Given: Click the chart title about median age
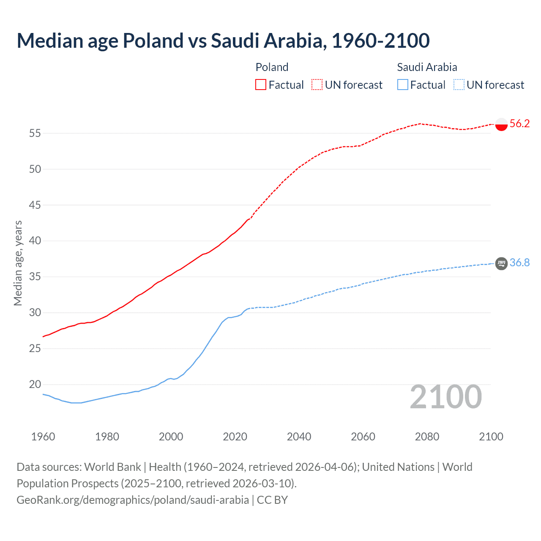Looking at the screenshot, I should tap(223, 41).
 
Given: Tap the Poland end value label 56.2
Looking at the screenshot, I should tap(519, 123).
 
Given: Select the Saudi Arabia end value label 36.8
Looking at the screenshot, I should tap(519, 262).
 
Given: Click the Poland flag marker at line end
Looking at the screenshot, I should tap(501, 124).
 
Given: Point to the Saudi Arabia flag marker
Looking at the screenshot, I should tap(501, 263).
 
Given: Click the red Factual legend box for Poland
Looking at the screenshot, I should tap(261, 85).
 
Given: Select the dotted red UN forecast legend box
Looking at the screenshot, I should tap(317, 85).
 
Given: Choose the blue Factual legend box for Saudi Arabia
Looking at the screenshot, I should tap(403, 85).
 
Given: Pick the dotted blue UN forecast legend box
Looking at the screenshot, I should tap(459, 85).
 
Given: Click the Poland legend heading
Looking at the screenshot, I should tap(272, 67).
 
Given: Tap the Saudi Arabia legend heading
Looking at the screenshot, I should tap(427, 67).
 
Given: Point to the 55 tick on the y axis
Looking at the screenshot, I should tap(35, 133).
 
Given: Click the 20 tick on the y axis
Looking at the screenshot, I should tap(35, 385).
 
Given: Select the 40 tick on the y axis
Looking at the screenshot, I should tap(35, 241).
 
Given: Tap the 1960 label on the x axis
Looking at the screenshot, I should tap(43, 437).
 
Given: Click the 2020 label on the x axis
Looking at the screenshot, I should tap(235, 437).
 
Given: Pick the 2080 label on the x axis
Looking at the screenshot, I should tap(427, 437).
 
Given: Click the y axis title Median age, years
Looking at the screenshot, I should tap(18, 263).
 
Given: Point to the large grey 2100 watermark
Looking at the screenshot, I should tap(445, 397).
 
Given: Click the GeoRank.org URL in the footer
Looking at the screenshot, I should tap(133, 500).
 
